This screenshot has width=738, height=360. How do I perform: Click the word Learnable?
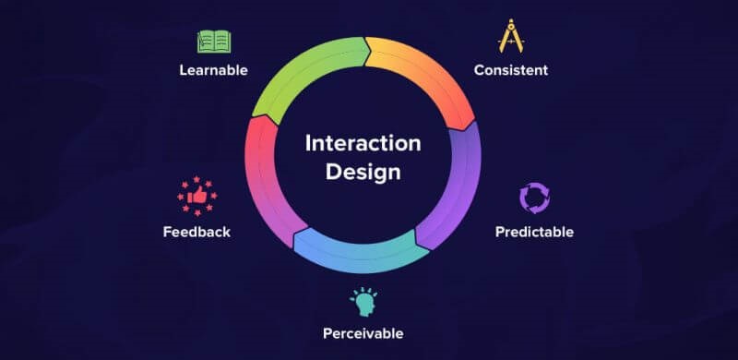pyautogui.click(x=213, y=70)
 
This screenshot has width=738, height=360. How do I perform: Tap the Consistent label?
pyautogui.click(x=510, y=70)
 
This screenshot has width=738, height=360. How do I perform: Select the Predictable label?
pyautogui.click(x=534, y=231)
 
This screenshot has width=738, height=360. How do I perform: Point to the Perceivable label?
pyautogui.click(x=363, y=332)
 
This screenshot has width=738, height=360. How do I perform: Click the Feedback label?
pyautogui.click(x=196, y=231)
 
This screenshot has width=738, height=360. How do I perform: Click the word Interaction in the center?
pyautogui.click(x=363, y=143)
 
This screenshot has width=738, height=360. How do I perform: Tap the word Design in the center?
pyautogui.click(x=363, y=172)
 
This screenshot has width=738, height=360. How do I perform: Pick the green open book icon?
pyautogui.click(x=213, y=42)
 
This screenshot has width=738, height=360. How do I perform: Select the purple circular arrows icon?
pyautogui.click(x=534, y=198)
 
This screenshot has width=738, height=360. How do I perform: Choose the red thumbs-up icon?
pyautogui.click(x=196, y=196)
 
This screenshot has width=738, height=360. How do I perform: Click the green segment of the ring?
pyautogui.click(x=295, y=74)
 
